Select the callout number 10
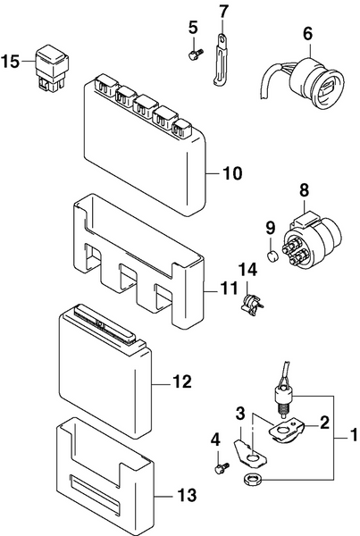[x=231, y=173]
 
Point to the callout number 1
[x=353, y=439]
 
